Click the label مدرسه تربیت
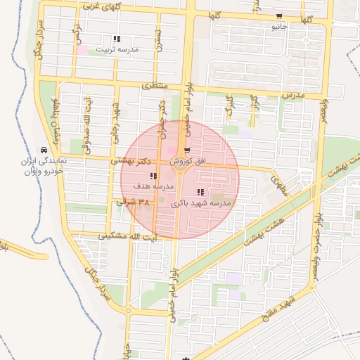tap(119, 50)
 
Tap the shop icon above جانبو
tap(279, 17)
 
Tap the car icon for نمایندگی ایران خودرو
tap(44, 150)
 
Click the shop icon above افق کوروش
tap(187, 151)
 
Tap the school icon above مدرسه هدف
tap(153, 176)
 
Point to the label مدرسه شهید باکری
tap(201, 203)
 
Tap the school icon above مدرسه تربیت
tap(116, 39)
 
